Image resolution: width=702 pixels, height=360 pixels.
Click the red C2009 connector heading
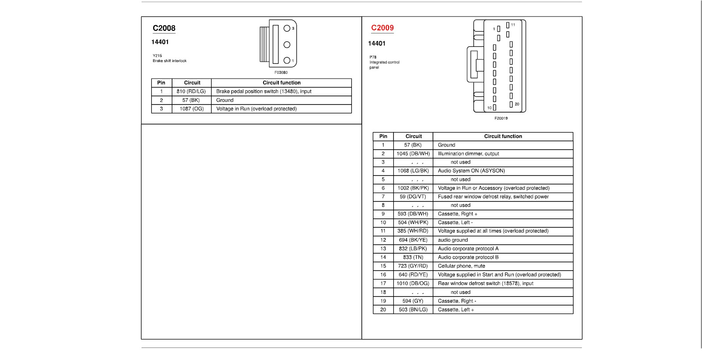pyautogui.click(x=382, y=28)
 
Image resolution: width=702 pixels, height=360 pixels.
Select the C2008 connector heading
pyautogui.click(x=164, y=28)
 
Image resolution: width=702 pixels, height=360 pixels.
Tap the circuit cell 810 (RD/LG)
pyautogui.click(x=191, y=92)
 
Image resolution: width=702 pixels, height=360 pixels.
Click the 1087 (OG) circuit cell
pyautogui.click(x=192, y=109)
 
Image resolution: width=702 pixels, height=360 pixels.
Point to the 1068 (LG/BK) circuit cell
pyautogui.click(x=413, y=171)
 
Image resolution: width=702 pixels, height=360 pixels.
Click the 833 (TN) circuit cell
pyautogui.click(x=413, y=257)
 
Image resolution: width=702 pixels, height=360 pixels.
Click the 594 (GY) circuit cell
pyautogui.click(x=413, y=301)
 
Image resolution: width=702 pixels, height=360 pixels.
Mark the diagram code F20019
pyautogui.click(x=501, y=118)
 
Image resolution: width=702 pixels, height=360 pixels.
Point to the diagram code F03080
pyautogui.click(x=281, y=72)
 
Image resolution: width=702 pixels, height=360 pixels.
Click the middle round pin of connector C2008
pyautogui.click(x=287, y=45)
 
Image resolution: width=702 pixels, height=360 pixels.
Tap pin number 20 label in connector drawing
pyautogui.click(x=517, y=105)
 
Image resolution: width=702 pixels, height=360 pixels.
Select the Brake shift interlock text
pyautogui.click(x=170, y=61)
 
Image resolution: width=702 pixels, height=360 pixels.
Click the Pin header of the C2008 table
pyautogui.click(x=161, y=83)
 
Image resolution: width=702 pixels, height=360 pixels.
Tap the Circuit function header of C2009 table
pyautogui.click(x=503, y=136)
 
